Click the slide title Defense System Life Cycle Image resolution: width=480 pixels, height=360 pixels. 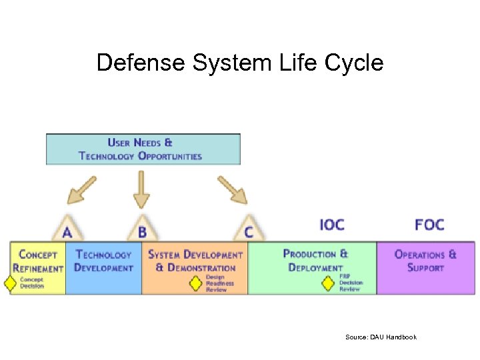(240, 63)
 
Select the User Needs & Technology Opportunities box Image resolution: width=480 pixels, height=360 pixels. (143, 149)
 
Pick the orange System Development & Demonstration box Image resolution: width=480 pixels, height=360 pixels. (195, 261)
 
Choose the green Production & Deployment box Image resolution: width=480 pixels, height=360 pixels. (312, 261)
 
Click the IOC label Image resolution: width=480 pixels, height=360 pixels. (332, 224)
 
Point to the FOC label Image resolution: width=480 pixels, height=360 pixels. (429, 224)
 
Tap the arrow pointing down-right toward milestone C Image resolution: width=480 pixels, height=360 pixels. (232, 189)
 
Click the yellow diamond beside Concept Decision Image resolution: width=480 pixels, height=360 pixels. (10, 283)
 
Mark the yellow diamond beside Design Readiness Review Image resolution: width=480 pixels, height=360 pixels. (195, 283)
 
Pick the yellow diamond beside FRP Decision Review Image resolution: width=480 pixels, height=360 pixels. (328, 283)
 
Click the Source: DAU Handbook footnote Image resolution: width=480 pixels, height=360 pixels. (381, 337)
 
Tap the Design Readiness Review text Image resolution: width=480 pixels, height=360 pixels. (216, 283)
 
